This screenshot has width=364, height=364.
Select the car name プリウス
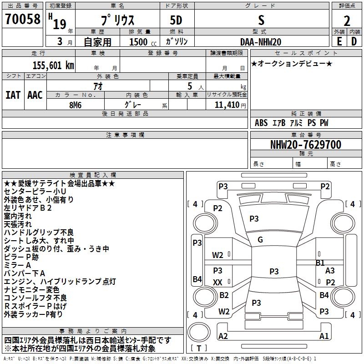click(x=117, y=21)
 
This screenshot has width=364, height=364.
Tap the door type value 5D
click(x=176, y=21)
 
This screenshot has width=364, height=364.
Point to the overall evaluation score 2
click(x=347, y=21)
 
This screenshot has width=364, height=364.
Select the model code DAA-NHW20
click(x=261, y=41)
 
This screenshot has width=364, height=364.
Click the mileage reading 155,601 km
click(x=53, y=65)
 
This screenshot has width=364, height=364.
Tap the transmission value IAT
click(x=13, y=95)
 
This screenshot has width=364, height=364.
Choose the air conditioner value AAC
click(x=35, y=95)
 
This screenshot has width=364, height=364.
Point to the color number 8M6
click(x=75, y=104)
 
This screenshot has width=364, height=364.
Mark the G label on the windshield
click(x=260, y=240)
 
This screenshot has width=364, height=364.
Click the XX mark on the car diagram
click(x=218, y=283)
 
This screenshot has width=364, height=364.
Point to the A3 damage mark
click(x=330, y=271)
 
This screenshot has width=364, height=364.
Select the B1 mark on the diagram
click(x=320, y=263)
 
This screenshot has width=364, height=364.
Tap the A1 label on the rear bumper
click(x=324, y=336)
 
